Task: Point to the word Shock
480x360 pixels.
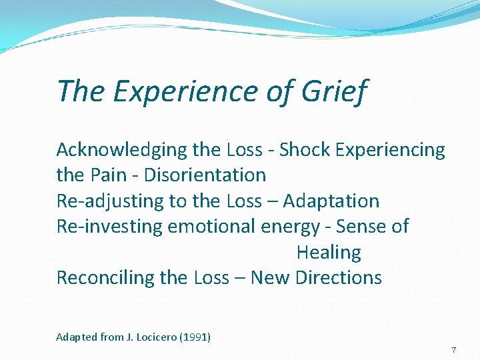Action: click(x=304, y=150)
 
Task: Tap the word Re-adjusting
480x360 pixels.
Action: click(x=107, y=201)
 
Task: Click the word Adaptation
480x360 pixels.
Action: click(x=331, y=201)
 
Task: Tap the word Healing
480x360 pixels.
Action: click(x=328, y=253)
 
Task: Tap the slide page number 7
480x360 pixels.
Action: click(x=453, y=350)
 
